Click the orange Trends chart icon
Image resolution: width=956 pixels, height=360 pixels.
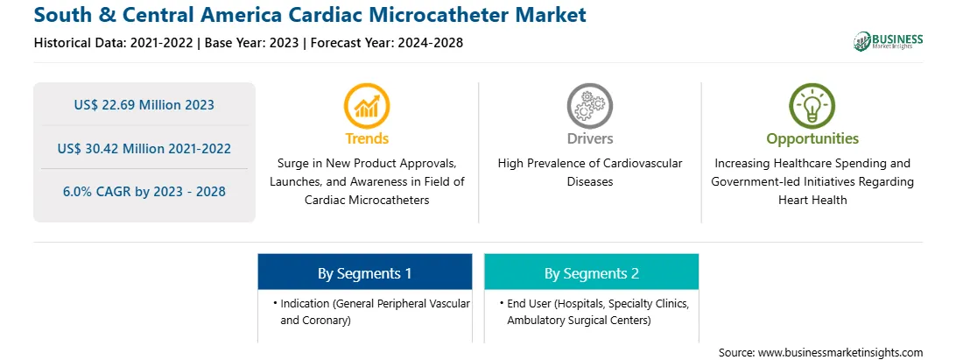coord(367,106)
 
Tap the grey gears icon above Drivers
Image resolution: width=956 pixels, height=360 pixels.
coord(589,106)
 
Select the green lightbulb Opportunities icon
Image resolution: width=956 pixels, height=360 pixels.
coord(812,106)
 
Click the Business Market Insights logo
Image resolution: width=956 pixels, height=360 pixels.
coord(888,41)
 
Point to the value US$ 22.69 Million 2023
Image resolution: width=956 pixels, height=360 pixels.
coord(144,105)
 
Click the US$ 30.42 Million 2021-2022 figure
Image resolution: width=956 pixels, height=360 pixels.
coord(144,148)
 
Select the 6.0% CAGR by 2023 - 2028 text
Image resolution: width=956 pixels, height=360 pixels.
coord(144,192)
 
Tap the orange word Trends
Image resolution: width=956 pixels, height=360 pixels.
coord(367,138)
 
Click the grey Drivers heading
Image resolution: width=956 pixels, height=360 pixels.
coord(590,138)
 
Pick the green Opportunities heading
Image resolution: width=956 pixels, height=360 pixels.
coord(812,138)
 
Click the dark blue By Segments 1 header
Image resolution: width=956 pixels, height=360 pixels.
coord(364,272)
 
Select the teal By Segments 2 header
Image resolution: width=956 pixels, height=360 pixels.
coord(592,272)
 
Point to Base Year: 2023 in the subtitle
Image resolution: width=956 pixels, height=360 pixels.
coord(252,43)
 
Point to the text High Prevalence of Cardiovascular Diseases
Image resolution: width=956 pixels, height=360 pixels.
coord(590,172)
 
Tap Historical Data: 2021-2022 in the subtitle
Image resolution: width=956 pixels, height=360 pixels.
coord(115,43)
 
